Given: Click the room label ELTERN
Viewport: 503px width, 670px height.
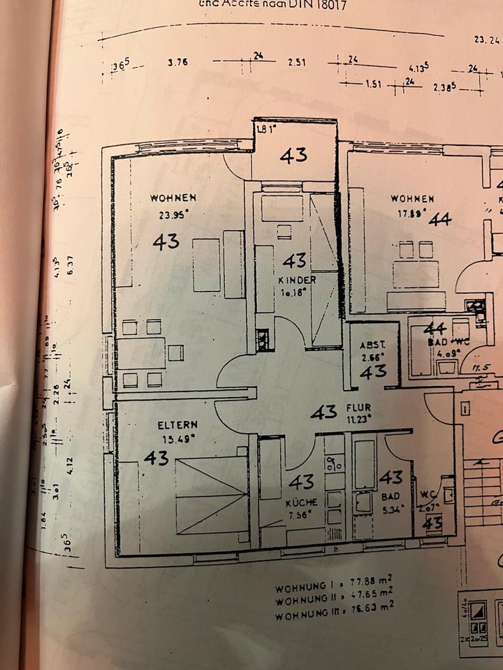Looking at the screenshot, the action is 177,424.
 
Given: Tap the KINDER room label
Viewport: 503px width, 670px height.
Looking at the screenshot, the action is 297,281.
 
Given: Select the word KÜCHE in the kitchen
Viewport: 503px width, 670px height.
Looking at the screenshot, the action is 301,502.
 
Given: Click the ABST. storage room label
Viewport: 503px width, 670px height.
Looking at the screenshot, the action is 370,345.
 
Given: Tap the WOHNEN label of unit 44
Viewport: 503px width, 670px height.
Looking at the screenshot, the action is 412,199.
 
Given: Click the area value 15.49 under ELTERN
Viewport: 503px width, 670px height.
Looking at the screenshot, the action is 178,438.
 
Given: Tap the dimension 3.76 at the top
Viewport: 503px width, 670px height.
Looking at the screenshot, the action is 177,62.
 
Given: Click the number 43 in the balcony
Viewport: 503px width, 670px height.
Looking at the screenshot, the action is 293,155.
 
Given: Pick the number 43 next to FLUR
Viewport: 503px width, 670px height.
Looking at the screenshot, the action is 323,412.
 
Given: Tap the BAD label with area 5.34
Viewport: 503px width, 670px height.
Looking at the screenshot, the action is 391,496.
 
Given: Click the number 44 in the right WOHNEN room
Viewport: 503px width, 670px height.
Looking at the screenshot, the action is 440,219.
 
